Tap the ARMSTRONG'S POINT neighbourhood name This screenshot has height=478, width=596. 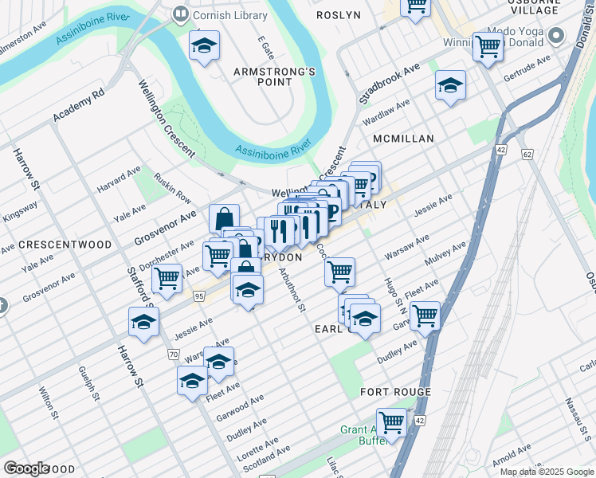coord(274,78)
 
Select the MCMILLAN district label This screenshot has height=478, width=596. coord(403,139)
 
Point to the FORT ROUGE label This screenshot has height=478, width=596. coord(395,392)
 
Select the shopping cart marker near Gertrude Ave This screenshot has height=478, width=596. coord(488,47)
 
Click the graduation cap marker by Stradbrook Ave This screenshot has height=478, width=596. coord(450,85)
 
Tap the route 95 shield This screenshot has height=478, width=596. coord(198,297)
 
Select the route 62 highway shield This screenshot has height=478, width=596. coord(527,152)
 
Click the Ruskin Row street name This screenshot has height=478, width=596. coord(173,187)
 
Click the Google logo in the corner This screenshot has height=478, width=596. coord(26,468)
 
